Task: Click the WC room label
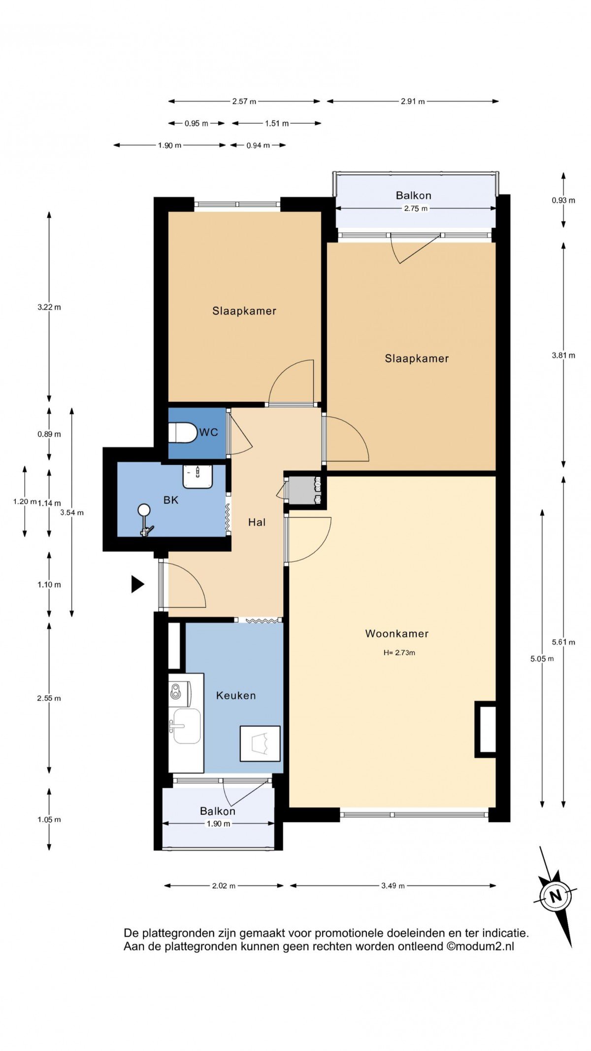pyautogui.click(x=208, y=432)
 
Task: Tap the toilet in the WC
pyautogui.click(x=182, y=432)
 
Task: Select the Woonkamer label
pyautogui.click(x=397, y=633)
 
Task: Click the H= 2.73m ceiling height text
pyautogui.click(x=399, y=653)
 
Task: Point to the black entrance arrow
pyautogui.click(x=137, y=584)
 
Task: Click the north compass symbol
pyautogui.click(x=556, y=896)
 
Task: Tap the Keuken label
pyautogui.click(x=236, y=696)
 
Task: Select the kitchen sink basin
pyautogui.click(x=187, y=726)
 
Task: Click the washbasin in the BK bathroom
pyautogui.click(x=197, y=476)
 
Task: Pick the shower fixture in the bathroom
pyautogui.click(x=144, y=520)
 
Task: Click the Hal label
pyautogui.click(x=257, y=522)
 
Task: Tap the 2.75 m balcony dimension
pyautogui.click(x=416, y=209)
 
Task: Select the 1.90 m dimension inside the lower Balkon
pyautogui.click(x=218, y=824)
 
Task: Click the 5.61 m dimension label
pyautogui.click(x=563, y=642)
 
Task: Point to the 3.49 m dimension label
pyautogui.click(x=393, y=886)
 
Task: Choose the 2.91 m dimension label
pyautogui.click(x=413, y=102)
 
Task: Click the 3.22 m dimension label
pyautogui.click(x=49, y=307)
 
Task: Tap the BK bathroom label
pyautogui.click(x=171, y=500)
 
